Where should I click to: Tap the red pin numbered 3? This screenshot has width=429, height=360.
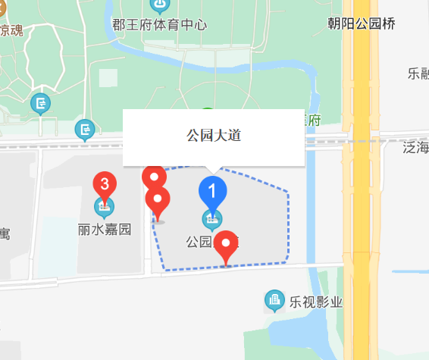tap(105, 183)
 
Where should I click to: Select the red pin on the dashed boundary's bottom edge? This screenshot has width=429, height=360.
tap(226, 246)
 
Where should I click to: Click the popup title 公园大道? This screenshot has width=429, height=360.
tap(214, 136)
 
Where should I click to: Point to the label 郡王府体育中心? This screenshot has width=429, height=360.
tap(159, 23)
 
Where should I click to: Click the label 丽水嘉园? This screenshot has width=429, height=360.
tap(104, 227)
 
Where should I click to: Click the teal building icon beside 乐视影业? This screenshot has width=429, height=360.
tap(274, 301)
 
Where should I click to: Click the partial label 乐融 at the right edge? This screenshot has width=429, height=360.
tap(418, 74)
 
